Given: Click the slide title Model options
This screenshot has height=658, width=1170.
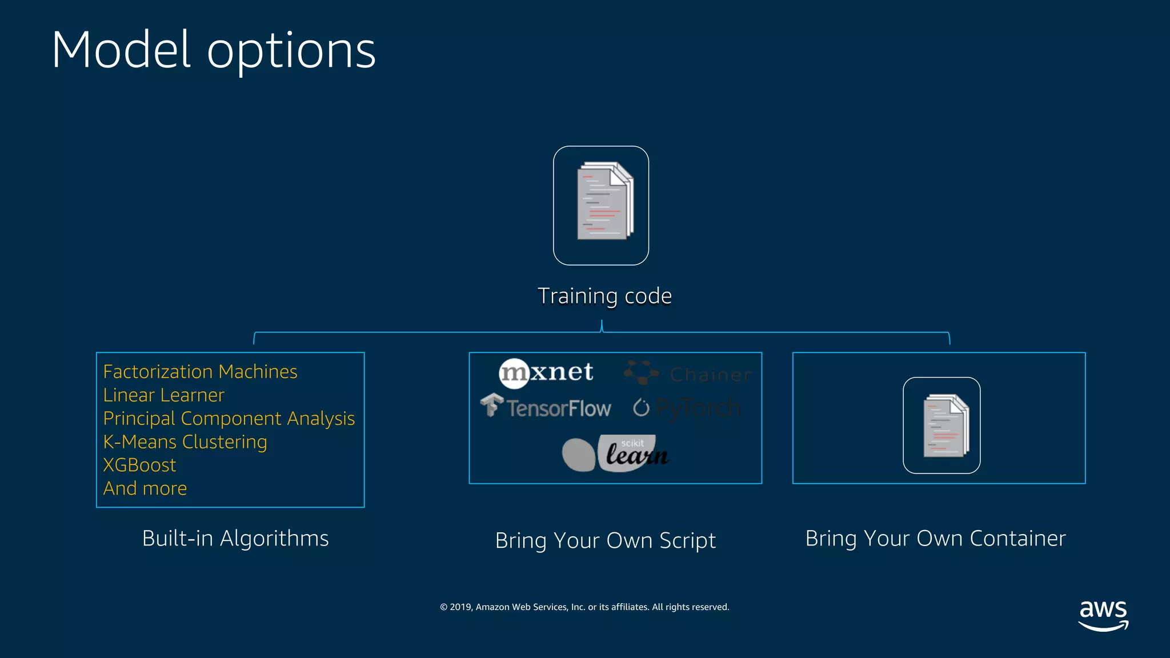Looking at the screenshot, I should [213, 50].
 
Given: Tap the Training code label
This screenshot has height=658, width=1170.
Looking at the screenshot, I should [604, 296].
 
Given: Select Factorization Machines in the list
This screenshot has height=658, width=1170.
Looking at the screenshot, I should [200, 372].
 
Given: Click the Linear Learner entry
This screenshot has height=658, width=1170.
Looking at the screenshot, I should [163, 395].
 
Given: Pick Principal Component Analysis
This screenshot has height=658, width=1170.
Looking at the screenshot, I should [229, 419].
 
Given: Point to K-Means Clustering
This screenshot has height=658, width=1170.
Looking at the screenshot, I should [185, 442].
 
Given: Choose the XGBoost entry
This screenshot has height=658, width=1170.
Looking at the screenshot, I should [139, 466].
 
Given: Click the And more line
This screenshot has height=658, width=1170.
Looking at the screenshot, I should [145, 489].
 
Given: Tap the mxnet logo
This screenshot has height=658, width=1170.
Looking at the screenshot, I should [546, 373].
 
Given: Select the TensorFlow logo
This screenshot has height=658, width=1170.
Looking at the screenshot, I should [546, 407].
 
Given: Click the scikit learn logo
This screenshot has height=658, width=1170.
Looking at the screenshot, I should [616, 454].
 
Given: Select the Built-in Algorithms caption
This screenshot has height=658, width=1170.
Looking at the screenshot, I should [235, 539].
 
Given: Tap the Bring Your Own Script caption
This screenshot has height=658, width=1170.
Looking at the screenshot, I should [605, 540].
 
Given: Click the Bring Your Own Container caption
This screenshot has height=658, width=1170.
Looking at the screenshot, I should [935, 539].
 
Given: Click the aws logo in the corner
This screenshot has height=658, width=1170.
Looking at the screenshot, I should [1103, 615].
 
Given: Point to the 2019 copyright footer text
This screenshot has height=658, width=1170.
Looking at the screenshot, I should [584, 607].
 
